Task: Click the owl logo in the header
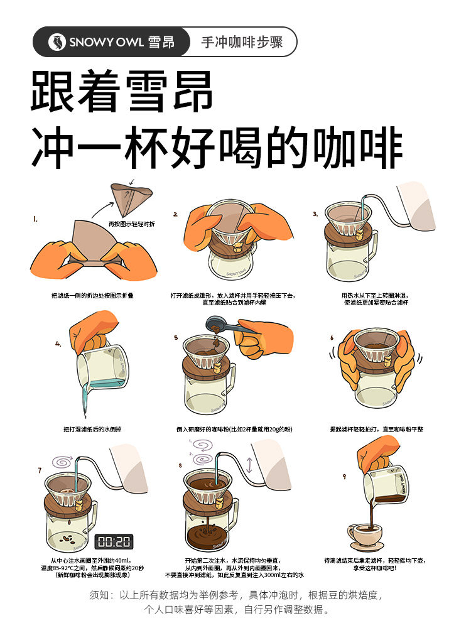pyautogui.click(x=57, y=41)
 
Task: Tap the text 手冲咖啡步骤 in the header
pyautogui.click(x=242, y=42)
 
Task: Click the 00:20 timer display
pyautogui.click(x=114, y=542)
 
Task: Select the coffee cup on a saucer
pyautogui.click(x=365, y=536)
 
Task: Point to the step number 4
pyautogui.click(x=58, y=344)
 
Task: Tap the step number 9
pyautogui.click(x=344, y=476)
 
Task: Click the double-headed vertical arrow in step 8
pyautogui.click(x=250, y=465)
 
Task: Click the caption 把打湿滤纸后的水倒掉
pyautogui.click(x=92, y=430)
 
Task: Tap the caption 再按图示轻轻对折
pyautogui.click(x=132, y=224)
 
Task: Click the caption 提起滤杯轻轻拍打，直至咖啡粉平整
pyautogui.click(x=376, y=430)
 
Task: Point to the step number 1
pyautogui.click(x=35, y=219)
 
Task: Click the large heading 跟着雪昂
pyautogui.click(x=122, y=91)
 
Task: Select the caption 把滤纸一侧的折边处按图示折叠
pyautogui.click(x=92, y=296)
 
